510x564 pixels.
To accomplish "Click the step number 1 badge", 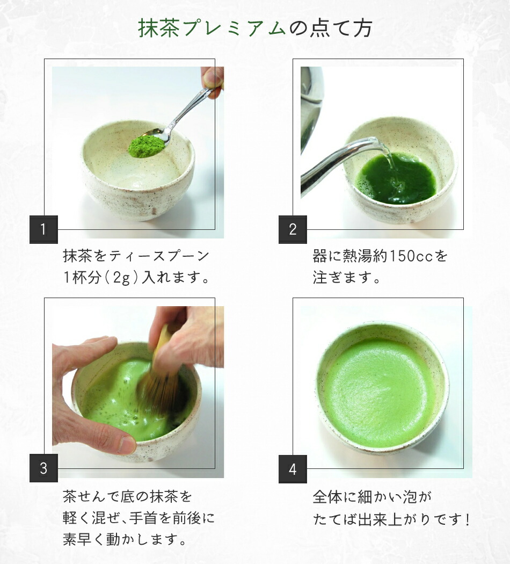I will [x=43, y=230].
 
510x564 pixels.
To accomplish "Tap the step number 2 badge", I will [x=293, y=230].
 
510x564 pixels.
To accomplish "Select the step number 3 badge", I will [x=43, y=468].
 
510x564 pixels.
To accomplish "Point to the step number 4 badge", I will [x=293, y=469].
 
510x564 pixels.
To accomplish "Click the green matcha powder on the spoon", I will [x=146, y=145].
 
